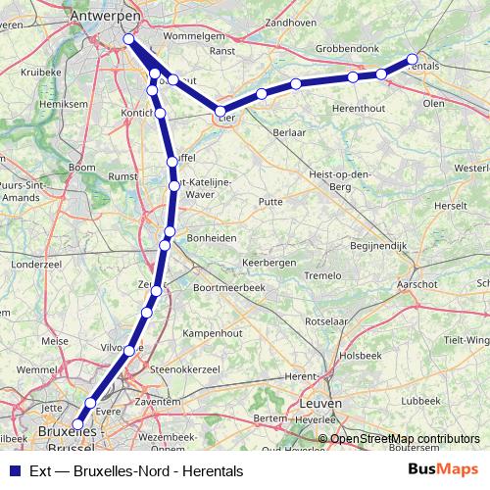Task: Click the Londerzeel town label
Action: [x=35, y=265]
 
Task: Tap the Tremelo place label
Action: [x=321, y=276]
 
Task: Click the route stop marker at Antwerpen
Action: [x=128, y=39]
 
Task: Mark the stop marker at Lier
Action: [x=221, y=112]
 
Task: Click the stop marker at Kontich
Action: [x=160, y=114]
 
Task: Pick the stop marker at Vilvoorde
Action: [x=129, y=349]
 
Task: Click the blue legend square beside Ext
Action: [x=13, y=471]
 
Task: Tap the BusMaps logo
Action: [x=442, y=470]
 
